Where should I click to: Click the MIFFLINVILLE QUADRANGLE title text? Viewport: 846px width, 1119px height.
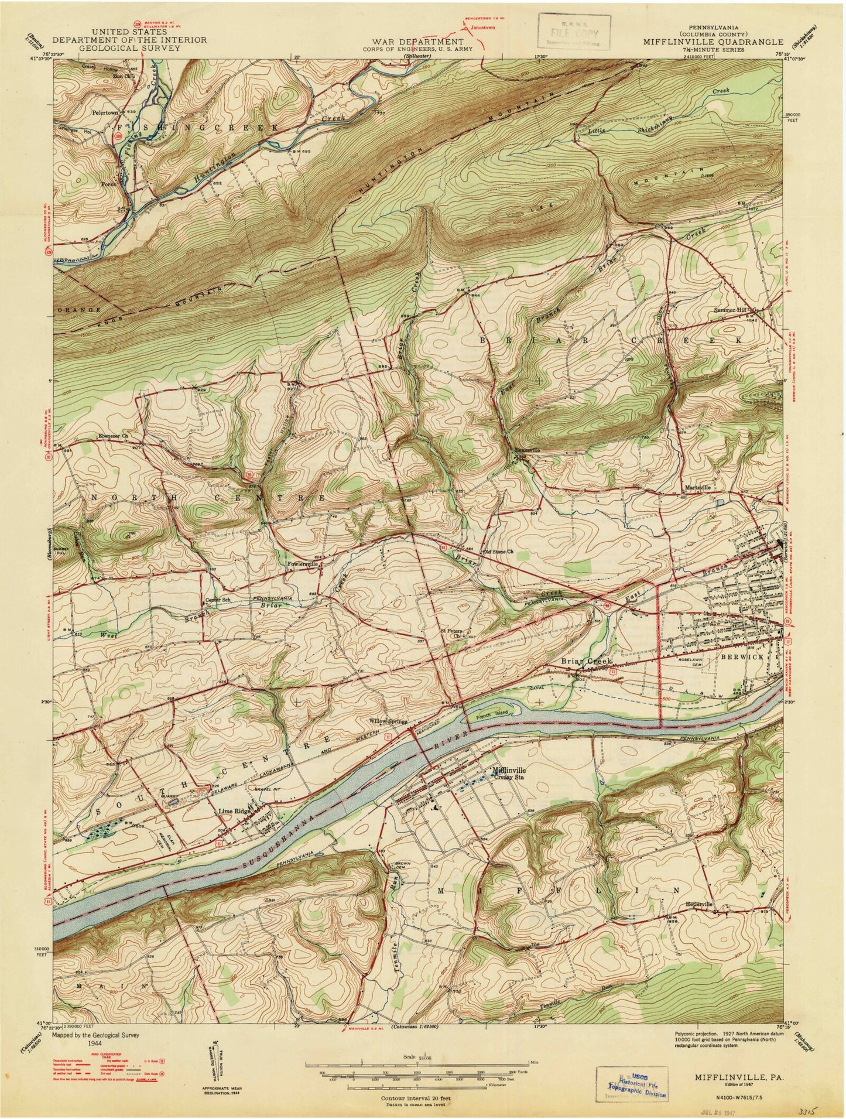point(713,42)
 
